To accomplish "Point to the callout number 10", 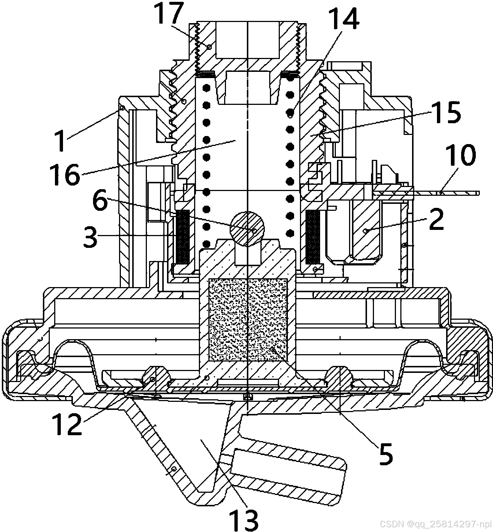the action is coord(460,155).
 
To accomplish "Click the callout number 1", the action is coord(61,139).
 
